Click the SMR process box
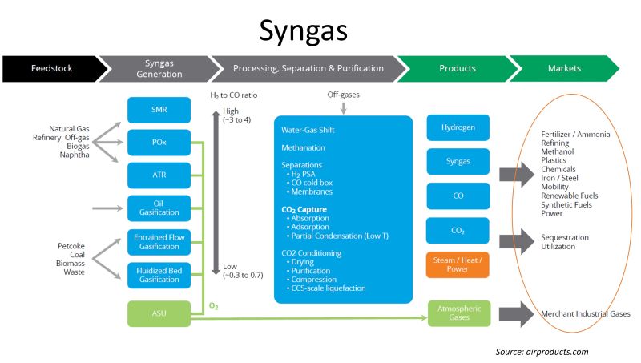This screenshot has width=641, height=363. (159, 109)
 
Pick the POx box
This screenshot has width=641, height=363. (159, 142)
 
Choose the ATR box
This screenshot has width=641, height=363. (159, 175)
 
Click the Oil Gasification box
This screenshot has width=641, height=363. (159, 208)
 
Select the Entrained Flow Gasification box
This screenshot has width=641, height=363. (159, 241)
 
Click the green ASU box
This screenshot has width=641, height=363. (159, 313)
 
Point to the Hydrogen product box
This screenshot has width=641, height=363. (458, 128)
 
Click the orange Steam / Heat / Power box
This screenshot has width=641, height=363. (458, 265)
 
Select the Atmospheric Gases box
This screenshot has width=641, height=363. (458, 313)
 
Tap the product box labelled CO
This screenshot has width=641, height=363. (458, 196)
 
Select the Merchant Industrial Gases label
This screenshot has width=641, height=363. (586, 313)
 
